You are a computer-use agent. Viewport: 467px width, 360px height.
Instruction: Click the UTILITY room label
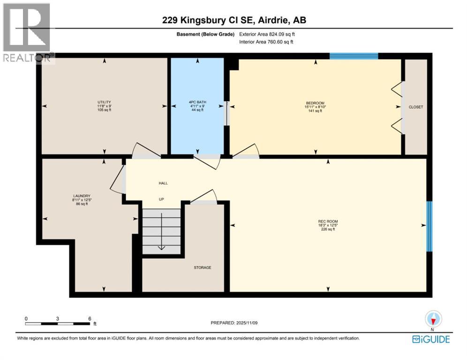104,102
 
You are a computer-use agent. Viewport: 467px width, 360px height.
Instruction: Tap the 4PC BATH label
197,102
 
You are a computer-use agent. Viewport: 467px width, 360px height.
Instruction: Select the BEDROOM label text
315,103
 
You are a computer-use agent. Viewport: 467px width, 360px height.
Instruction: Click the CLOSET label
415,107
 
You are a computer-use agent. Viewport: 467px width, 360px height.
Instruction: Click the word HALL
163,183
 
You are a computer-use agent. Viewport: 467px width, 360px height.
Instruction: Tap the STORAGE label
203,268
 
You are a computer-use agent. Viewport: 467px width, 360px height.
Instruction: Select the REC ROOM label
328,221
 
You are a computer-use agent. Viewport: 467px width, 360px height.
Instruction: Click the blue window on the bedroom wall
354,56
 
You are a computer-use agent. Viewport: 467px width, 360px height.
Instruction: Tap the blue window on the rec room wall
429,226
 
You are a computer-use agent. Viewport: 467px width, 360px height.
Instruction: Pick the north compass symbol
433,319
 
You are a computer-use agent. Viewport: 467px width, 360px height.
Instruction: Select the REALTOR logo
27,31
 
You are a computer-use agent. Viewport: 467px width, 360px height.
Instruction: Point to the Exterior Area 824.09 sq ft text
267,34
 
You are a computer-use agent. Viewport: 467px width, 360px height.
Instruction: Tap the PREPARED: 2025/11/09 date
234,323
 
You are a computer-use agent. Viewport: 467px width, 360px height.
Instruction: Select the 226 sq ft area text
328,230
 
